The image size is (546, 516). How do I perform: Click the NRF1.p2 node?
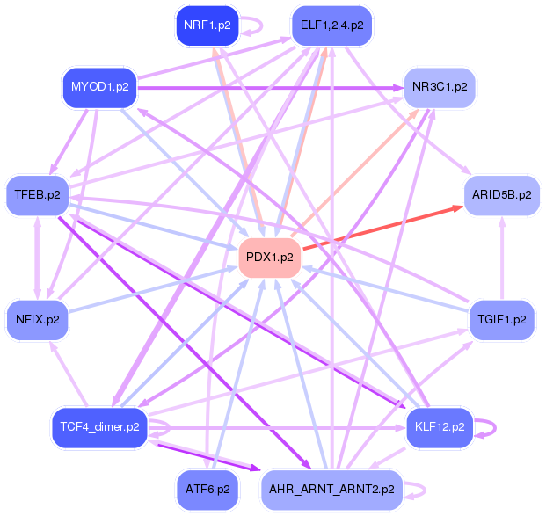207,25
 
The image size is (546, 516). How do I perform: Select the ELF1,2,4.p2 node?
331,25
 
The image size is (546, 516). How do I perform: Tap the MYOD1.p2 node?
99,87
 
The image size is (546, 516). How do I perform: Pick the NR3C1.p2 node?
439,87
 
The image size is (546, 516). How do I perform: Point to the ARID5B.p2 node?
501,194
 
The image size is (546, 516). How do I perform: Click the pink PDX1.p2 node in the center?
270,257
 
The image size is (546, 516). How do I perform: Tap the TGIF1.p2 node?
501,318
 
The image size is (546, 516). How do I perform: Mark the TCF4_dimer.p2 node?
99,427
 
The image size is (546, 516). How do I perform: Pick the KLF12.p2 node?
440,427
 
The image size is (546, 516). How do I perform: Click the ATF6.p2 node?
207,488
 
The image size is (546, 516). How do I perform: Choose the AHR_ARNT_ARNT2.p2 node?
331,488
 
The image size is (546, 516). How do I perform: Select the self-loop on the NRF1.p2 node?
255,25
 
